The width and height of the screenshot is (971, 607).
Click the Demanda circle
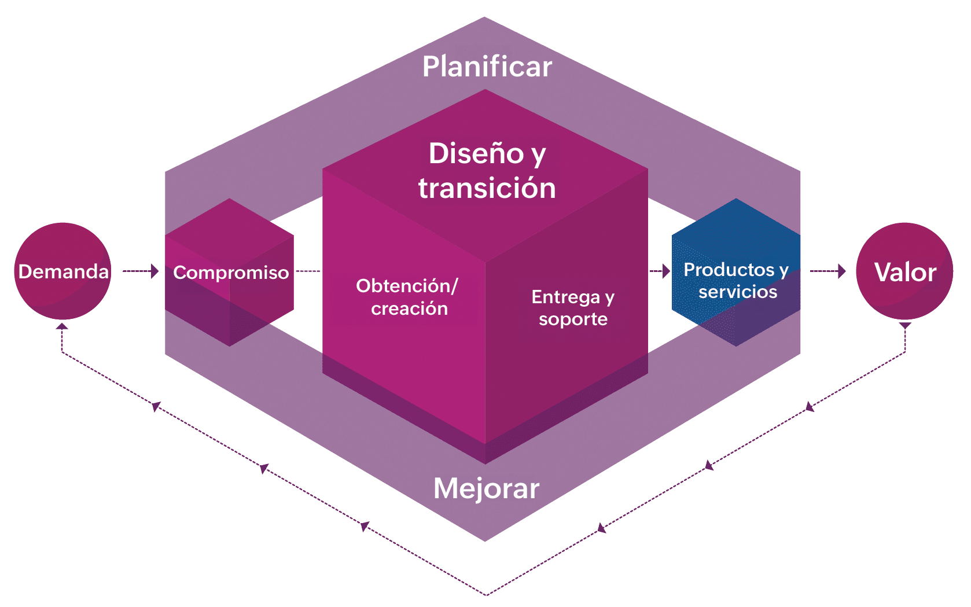click(62, 271)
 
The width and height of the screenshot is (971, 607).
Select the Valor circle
click(904, 271)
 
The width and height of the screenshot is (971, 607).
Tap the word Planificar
click(487, 67)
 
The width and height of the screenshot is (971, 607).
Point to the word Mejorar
click(486, 488)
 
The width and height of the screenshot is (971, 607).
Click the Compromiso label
click(231, 273)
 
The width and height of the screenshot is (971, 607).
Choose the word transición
click(487, 189)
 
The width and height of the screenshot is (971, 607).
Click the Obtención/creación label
click(407, 297)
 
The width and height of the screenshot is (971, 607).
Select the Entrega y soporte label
click(573, 308)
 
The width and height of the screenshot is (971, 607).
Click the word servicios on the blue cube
click(738, 292)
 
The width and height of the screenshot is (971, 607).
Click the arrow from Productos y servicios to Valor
click(827, 271)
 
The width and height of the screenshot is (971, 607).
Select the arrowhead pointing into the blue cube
click(666, 271)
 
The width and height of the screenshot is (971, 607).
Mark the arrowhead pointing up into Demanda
click(62, 326)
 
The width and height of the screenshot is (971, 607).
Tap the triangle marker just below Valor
click(905, 326)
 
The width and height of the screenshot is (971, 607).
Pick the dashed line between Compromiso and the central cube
click(308, 271)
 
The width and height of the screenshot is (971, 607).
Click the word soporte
click(573, 319)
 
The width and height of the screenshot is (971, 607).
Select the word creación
click(409, 309)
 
